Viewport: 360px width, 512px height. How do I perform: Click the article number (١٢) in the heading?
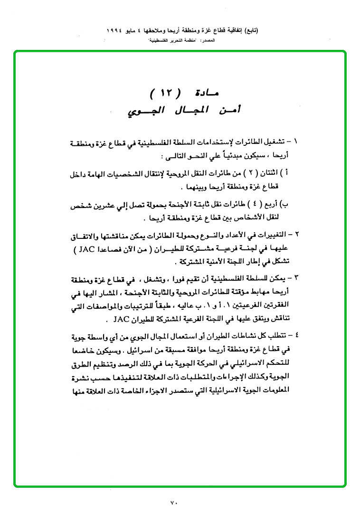click(164, 92)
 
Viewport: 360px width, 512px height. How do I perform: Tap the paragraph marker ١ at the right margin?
click(297, 142)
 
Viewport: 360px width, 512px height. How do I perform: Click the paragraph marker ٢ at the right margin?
click(297, 235)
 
